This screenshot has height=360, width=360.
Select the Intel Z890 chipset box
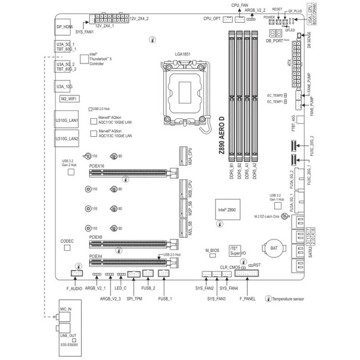point(229,210)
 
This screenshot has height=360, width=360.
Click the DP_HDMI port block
point(64,27)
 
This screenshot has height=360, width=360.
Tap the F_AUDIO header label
point(74,289)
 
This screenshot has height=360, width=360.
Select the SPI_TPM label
point(134,298)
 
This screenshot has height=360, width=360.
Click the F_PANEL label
point(247,298)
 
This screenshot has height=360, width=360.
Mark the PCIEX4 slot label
point(96,256)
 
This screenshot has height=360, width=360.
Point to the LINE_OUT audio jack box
point(66,335)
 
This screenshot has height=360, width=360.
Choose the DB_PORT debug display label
point(277,41)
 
